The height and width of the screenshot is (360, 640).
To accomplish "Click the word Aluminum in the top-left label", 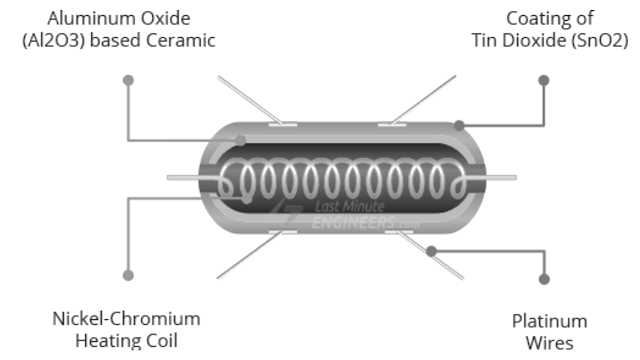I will tap(87, 18).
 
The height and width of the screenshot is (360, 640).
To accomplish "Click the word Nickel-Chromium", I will tap(126, 319).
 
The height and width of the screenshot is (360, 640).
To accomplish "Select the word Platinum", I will tap(549, 321).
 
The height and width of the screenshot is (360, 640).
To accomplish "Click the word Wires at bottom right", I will tap(549, 343).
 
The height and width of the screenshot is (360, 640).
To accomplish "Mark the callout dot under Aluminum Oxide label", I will tap(128, 79).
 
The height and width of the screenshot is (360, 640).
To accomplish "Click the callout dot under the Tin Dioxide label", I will tap(543, 79).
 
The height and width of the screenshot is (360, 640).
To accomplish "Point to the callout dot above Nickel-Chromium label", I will tap(128, 274).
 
